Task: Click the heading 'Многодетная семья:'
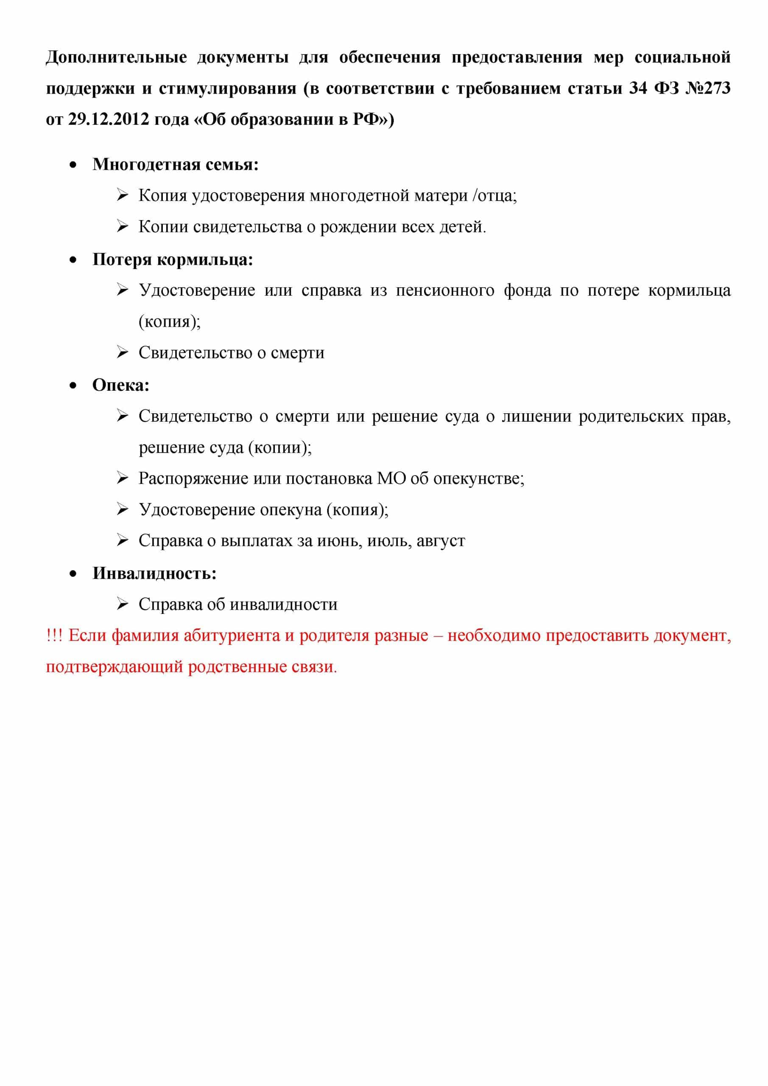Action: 176,164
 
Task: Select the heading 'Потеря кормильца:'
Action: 173,259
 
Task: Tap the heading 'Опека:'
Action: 120,385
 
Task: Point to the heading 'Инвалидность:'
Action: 154,573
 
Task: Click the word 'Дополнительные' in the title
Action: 116,57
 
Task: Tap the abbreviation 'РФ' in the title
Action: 366,119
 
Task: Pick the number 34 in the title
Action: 638,88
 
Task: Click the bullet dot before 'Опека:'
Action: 73,386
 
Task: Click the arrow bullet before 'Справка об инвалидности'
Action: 123,604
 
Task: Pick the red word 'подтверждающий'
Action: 114,667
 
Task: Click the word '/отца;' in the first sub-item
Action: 494,195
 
